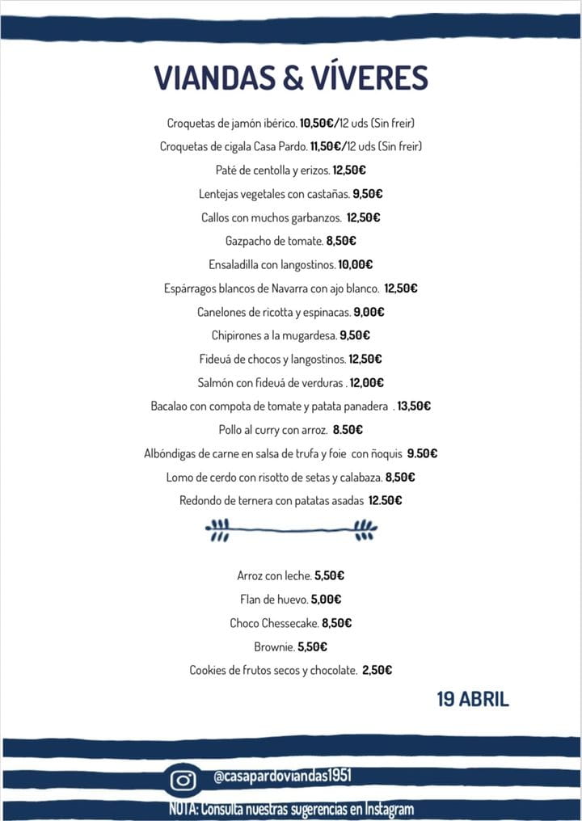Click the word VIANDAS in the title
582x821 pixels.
(x=213, y=78)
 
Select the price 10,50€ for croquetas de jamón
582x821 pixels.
(x=319, y=124)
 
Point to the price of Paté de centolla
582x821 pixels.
(x=349, y=171)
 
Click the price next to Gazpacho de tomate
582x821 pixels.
(x=341, y=241)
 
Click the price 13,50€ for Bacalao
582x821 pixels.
(x=414, y=406)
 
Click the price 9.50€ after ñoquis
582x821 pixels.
(x=422, y=453)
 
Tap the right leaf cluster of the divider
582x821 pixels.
(x=365, y=529)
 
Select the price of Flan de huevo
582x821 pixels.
(x=326, y=600)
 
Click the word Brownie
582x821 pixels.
(x=272, y=646)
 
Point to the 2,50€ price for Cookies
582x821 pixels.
(x=377, y=670)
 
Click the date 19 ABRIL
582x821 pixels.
(x=473, y=699)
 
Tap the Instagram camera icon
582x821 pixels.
(x=183, y=780)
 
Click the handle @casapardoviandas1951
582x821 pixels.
(x=282, y=777)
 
